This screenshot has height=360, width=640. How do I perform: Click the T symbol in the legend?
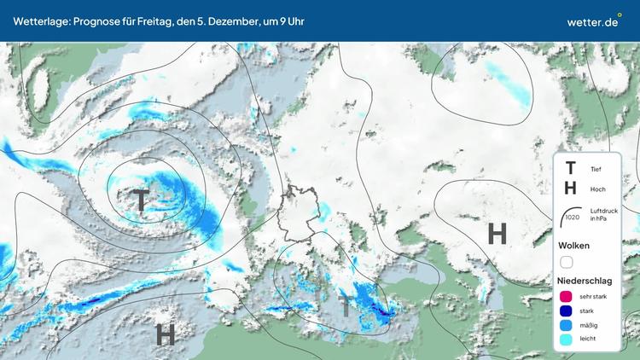point(570,169)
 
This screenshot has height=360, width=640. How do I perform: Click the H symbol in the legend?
point(570,189)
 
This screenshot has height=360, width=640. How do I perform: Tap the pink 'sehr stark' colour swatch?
point(567,296)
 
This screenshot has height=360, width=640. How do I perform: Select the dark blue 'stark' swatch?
point(567,311)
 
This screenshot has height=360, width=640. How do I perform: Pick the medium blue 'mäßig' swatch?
point(567,325)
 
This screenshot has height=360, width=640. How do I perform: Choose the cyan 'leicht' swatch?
point(567,340)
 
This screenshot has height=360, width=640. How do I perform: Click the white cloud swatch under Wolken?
point(567,263)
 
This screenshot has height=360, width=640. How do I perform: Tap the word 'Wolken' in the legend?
point(574,246)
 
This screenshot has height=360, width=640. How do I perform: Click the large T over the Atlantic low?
point(140,201)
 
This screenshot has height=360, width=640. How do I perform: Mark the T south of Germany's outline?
point(346,305)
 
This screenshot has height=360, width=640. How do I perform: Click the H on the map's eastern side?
point(497,233)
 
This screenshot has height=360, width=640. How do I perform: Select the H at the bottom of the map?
point(166,334)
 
